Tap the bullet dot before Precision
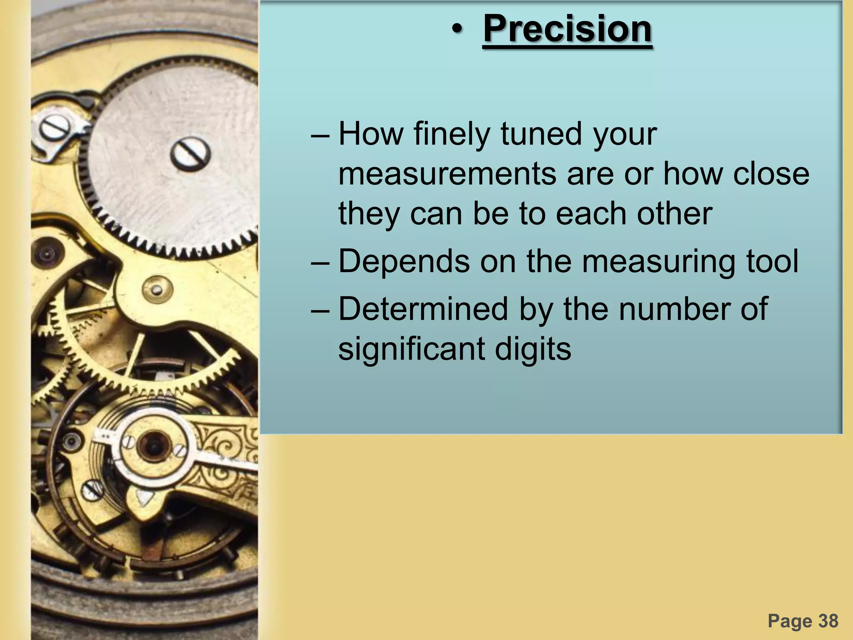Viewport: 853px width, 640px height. [457, 29]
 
